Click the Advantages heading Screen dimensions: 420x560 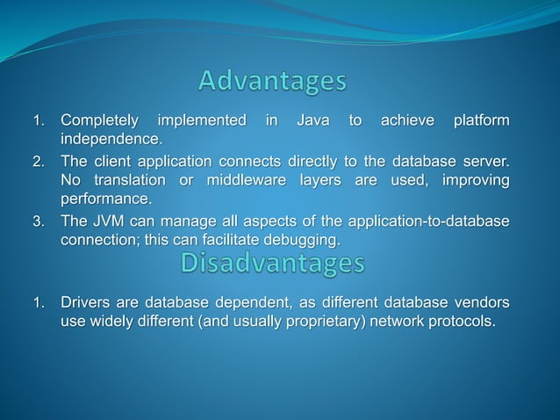[272, 82]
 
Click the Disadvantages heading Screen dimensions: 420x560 [271, 263]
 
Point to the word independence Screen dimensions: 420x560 [111, 140]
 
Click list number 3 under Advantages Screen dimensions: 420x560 [39, 221]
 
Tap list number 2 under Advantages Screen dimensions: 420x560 [39, 163]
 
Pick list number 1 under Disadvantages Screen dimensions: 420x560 [39, 305]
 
